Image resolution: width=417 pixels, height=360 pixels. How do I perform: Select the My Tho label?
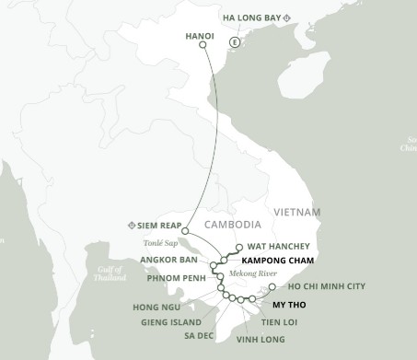point(291,303)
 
